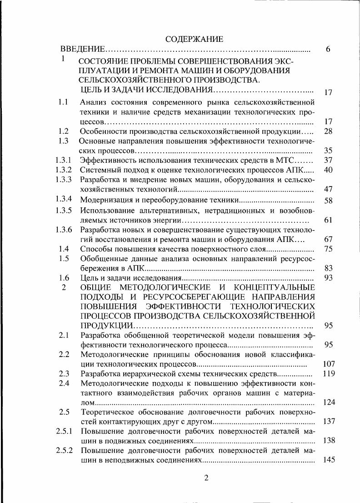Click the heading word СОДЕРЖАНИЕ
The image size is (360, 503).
pos(194,39)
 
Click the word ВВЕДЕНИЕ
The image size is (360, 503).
pos(83,49)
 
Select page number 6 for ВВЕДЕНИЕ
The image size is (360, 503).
pos(328,49)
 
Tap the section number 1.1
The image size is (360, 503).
pos(63,102)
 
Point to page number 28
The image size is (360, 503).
pos(328,131)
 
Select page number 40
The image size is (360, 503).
pos(328,170)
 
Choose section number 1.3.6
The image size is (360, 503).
pos(64,229)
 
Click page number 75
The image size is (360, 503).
pos(328,249)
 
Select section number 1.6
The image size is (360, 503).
pos(64,277)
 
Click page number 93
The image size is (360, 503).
pos(328,277)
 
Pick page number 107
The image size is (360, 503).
pos(328,364)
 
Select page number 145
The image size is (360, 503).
pos(328,460)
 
